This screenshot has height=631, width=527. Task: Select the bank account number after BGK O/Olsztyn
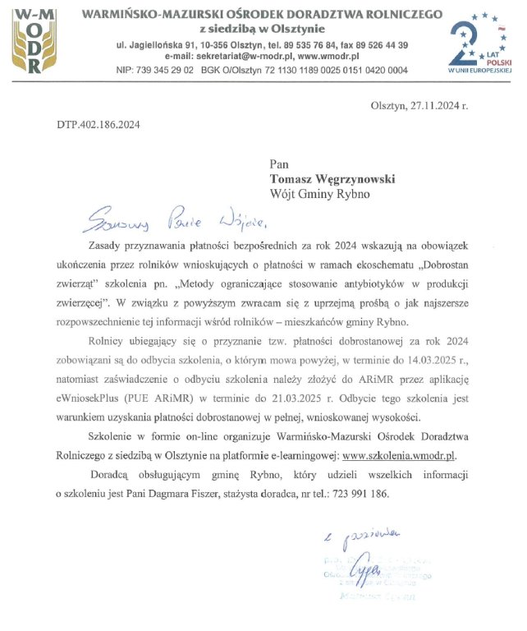339,71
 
